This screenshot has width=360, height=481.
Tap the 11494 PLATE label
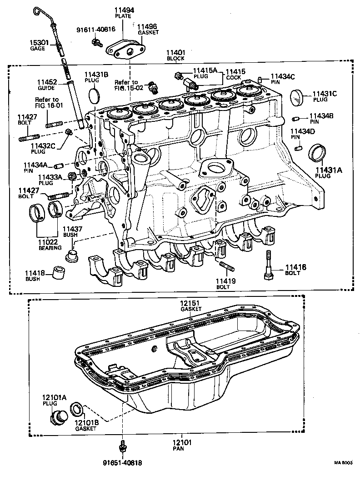(x=123, y=12)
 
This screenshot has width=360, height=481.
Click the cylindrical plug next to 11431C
(x=296, y=96)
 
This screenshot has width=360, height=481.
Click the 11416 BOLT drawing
(x=269, y=266)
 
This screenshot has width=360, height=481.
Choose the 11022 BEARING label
(x=50, y=245)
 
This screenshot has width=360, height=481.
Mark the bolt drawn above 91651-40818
(x=122, y=445)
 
